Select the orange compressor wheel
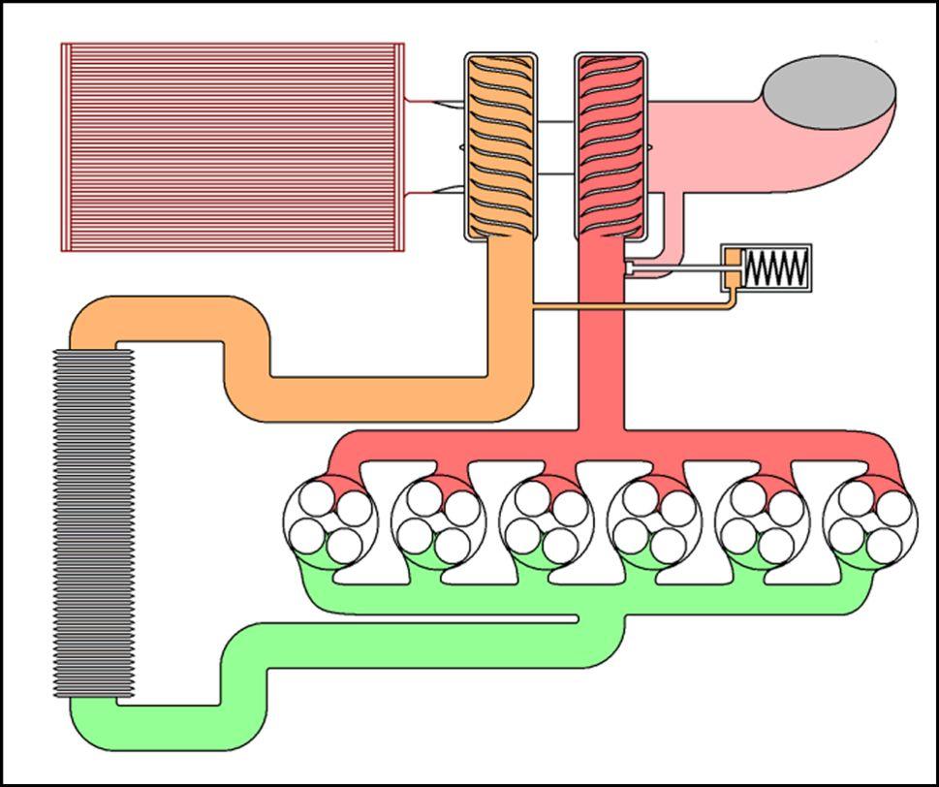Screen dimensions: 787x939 click(x=500, y=145)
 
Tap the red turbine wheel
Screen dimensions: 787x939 click(x=610, y=145)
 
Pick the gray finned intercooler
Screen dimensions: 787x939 click(x=93, y=523)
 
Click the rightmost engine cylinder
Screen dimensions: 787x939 click(x=869, y=520)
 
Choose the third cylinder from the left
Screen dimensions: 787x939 click(x=546, y=520)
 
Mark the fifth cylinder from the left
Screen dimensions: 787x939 click(x=762, y=520)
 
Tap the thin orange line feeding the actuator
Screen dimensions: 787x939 click(x=630, y=308)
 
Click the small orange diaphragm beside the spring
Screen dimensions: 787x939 click(x=734, y=268)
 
